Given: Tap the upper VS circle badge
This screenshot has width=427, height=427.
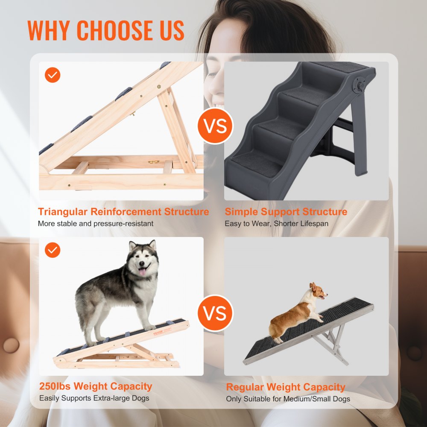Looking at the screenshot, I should click(215, 127).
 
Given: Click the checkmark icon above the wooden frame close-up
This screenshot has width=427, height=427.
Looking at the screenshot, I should click(53, 75).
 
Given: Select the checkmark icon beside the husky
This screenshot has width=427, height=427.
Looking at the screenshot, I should click(53, 250).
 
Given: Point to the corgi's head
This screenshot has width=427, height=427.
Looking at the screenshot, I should click(318, 292).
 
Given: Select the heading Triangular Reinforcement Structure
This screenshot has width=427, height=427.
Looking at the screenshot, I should click(123, 212).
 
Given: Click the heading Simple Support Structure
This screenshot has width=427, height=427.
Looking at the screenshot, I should click(286, 212).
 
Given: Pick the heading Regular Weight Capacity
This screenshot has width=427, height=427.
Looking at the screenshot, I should click(285, 387).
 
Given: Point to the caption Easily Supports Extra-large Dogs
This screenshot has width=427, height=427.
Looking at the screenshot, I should click(94, 398).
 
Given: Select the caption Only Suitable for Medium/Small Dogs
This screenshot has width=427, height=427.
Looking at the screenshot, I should click(288, 399).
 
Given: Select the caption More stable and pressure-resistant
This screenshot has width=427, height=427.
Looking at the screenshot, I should click(95, 223).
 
